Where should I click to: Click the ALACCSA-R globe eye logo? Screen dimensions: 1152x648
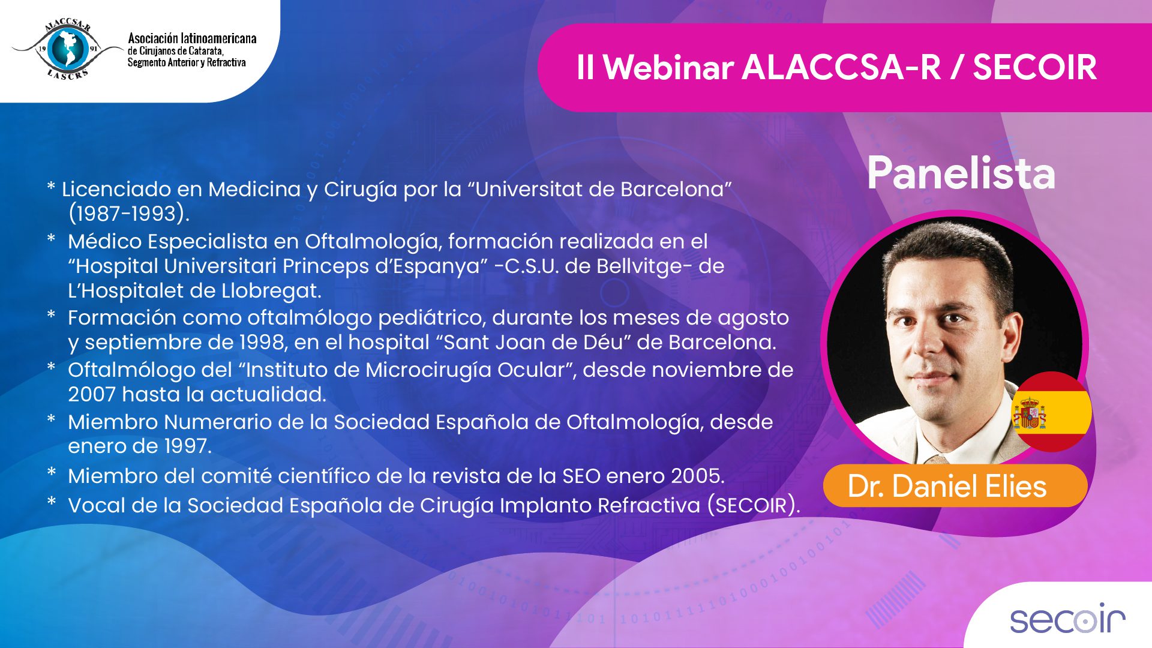(x=67, y=49)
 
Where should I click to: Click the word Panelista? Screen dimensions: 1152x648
(x=961, y=173)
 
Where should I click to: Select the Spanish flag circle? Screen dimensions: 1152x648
(x=1051, y=412)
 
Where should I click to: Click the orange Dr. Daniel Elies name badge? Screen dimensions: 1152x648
(x=955, y=486)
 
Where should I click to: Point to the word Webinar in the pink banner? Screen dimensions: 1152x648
(x=668, y=67)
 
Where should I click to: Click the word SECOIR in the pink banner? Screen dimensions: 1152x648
(x=1034, y=67)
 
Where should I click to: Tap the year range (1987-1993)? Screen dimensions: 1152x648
(x=128, y=214)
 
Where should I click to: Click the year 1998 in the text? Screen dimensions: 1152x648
(x=262, y=343)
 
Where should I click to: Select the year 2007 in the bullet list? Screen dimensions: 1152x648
(x=91, y=395)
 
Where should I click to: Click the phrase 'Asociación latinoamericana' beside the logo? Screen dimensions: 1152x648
(x=192, y=38)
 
